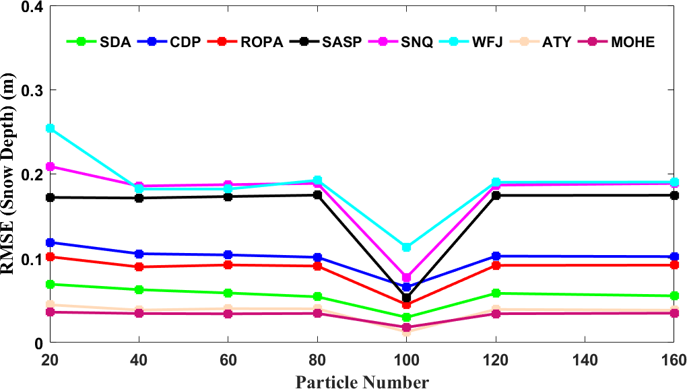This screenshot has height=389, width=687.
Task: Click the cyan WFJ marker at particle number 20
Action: pos(50,129)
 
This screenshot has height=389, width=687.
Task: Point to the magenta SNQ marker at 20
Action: pos(50,166)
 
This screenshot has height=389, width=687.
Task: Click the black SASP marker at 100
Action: pos(406,297)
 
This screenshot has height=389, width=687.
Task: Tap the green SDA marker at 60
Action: pos(228,293)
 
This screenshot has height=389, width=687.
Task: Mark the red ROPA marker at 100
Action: pos(406,304)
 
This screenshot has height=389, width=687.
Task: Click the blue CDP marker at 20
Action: pos(50,242)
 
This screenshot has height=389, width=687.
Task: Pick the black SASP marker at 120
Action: pos(496,196)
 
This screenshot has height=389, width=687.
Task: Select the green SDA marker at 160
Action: pos(674,296)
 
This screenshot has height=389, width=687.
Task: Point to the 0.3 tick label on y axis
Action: pos(29,90)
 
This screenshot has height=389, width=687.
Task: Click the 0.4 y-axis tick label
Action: pos(29,7)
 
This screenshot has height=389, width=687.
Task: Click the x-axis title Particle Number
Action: pos(362,382)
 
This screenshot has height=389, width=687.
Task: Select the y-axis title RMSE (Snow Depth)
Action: pos(11,175)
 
